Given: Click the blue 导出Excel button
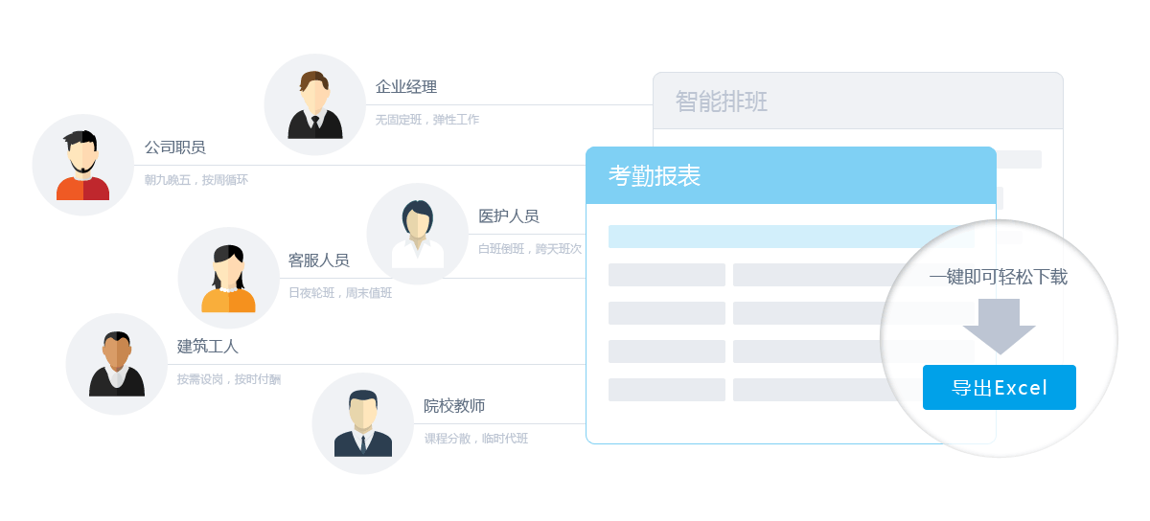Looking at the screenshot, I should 999,388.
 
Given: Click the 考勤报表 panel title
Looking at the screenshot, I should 655,175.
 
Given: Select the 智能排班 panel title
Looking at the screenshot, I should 722,102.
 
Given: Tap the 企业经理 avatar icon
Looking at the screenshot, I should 314,104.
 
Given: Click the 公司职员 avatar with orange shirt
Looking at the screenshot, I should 83,165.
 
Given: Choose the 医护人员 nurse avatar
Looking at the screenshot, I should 417,234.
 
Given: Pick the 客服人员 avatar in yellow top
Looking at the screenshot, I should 228,278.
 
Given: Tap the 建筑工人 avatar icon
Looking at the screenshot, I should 117,364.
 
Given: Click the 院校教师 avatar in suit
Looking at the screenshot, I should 362,422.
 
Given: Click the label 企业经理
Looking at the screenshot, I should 406,87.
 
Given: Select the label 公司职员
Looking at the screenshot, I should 174,147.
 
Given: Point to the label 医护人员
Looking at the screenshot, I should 509,216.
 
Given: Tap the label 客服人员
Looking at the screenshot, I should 318,260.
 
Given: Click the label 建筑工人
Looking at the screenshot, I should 207,347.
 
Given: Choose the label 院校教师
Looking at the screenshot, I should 454,406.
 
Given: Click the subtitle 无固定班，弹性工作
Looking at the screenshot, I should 426,120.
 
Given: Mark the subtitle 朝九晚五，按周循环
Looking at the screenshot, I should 195,180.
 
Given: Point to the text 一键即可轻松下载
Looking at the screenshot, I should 998,278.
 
